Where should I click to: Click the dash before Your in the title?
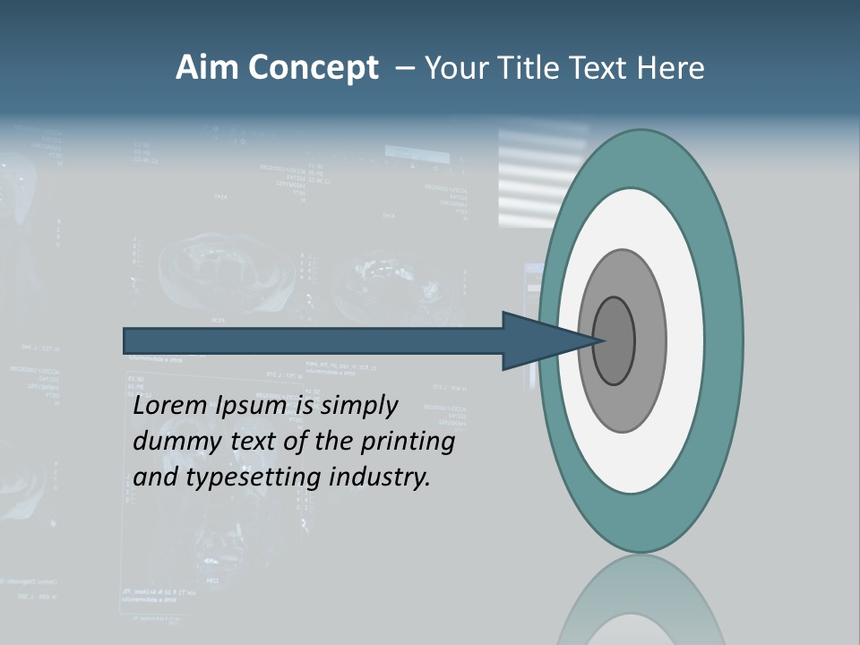[405, 68]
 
